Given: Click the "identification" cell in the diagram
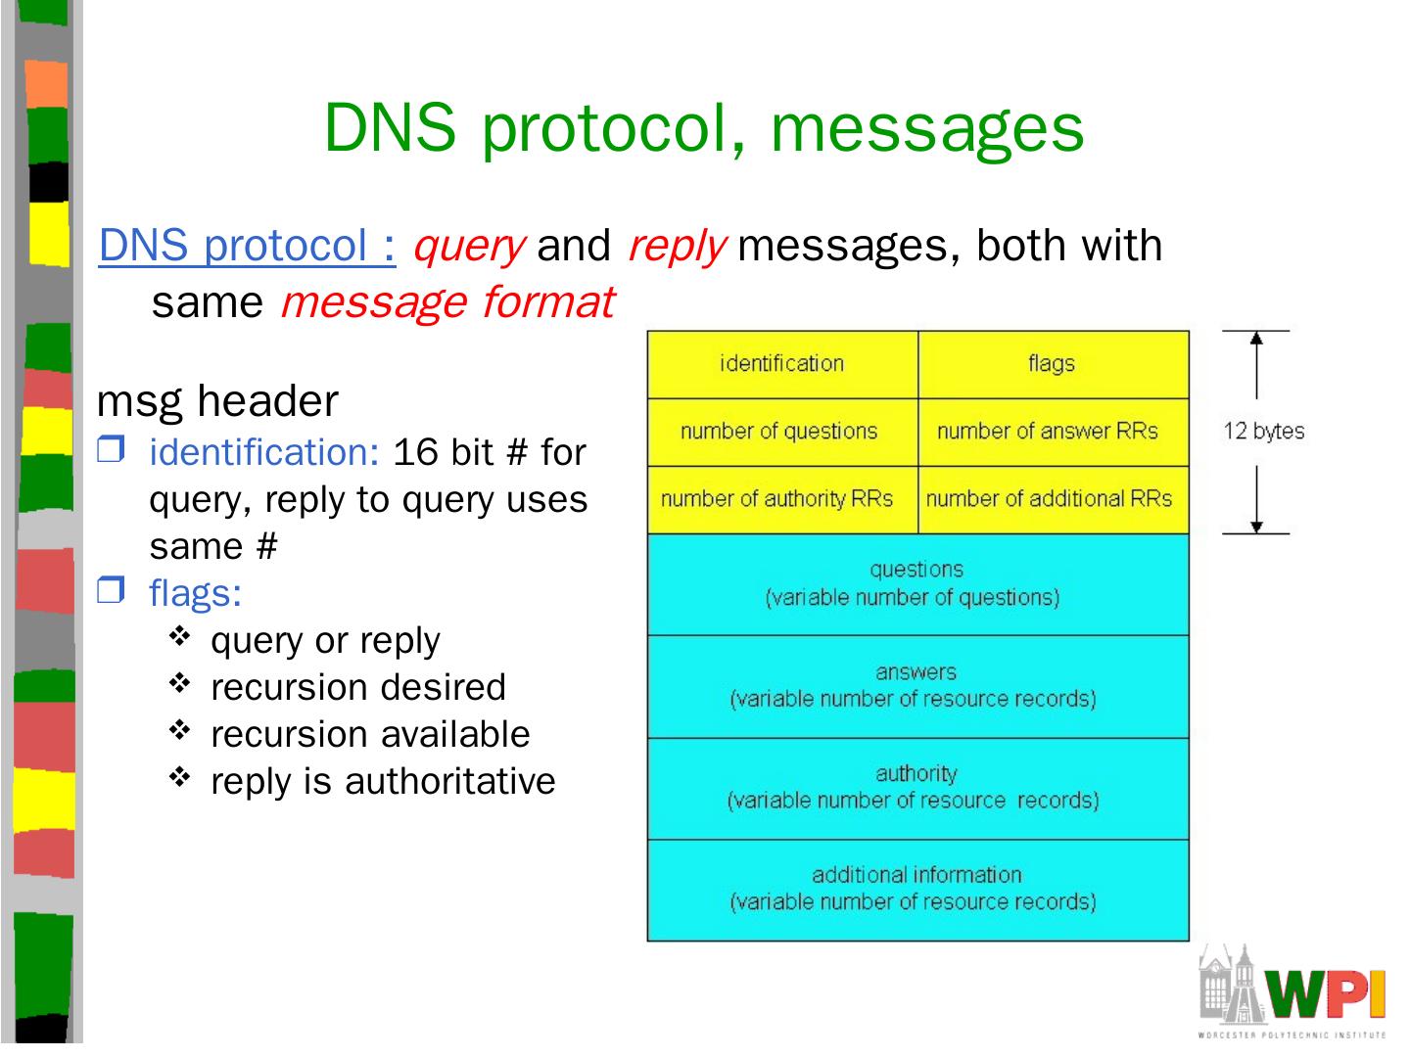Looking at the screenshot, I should pyautogui.click(x=781, y=364).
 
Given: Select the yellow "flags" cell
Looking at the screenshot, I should pyautogui.click(x=1053, y=364).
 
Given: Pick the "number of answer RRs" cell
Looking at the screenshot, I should pyautogui.click(x=1053, y=432).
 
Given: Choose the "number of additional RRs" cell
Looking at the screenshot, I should pyautogui.click(x=1053, y=499).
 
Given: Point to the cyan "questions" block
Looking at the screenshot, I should pyautogui.click(x=917, y=584).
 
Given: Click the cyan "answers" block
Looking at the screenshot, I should pyautogui.click(x=917, y=686).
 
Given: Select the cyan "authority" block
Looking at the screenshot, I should pyautogui.click(x=917, y=788).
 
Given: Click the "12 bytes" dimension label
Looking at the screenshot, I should pyautogui.click(x=1263, y=432).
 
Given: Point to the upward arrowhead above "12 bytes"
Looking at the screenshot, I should pyautogui.click(x=1257, y=339).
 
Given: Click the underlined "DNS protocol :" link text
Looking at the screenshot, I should pyautogui.click(x=247, y=245).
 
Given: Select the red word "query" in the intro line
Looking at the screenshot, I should pyautogui.click(x=469, y=245).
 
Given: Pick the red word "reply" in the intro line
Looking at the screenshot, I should pyautogui.click(x=677, y=245).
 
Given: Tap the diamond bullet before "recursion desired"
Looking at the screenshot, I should pyautogui.click(x=179, y=684).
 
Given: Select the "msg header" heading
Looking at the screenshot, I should pyautogui.click(x=217, y=401).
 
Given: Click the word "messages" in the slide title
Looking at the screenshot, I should pyautogui.click(x=927, y=127).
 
